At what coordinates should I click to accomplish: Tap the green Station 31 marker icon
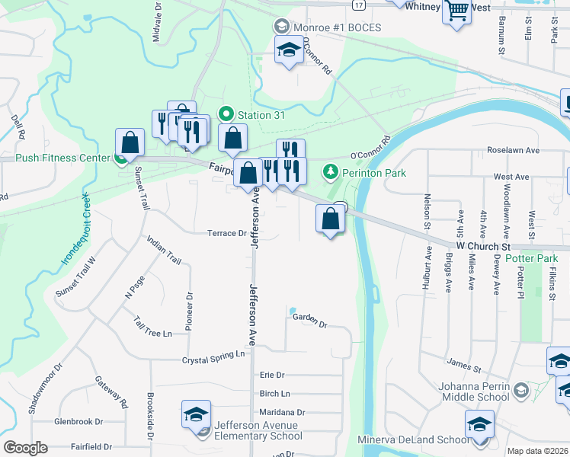(x=226, y=115)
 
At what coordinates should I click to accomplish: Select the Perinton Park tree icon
(x=331, y=172)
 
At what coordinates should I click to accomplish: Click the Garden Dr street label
(x=309, y=320)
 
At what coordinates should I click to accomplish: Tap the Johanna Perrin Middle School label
(x=474, y=391)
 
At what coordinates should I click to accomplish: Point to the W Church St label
(x=483, y=248)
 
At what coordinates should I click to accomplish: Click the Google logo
(x=26, y=447)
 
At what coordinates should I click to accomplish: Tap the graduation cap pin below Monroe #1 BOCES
(x=289, y=51)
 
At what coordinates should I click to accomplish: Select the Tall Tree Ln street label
(x=152, y=328)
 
